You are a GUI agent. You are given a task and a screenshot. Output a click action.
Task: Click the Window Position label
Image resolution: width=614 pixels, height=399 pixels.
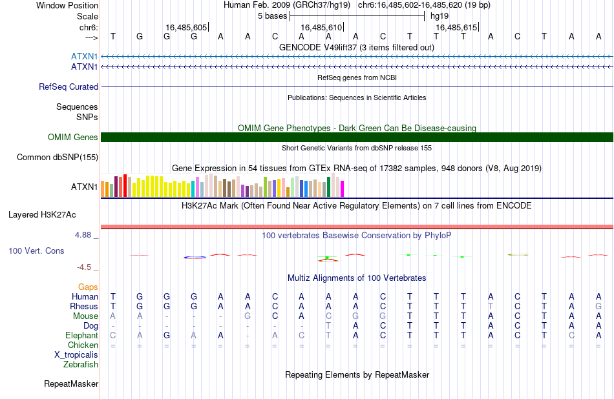67,5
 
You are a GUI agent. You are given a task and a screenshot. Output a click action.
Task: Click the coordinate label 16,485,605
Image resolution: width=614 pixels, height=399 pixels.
186,27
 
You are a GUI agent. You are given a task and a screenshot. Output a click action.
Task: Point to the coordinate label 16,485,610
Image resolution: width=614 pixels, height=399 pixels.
321,27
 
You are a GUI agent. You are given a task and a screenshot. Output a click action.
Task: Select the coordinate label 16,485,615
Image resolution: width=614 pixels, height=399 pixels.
456,27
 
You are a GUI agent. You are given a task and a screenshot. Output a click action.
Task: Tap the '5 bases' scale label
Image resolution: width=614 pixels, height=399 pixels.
272,16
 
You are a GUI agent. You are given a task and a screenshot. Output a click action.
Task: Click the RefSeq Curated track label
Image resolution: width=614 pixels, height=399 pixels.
69,87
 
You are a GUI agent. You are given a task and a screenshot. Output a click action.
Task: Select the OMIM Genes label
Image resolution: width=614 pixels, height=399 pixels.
73,138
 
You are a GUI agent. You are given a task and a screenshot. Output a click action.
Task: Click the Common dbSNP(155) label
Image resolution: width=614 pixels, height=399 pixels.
58,158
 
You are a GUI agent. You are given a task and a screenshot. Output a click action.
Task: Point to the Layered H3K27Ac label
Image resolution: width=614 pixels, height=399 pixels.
42,215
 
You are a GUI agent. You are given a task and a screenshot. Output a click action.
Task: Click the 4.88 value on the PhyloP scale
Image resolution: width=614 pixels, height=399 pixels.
83,235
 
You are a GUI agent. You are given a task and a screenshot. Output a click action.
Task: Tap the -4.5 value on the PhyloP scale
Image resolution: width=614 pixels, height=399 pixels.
84,267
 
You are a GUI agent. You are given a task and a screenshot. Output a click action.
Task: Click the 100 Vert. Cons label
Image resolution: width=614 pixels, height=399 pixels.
36,251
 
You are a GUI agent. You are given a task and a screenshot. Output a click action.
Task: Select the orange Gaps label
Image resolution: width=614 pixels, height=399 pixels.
88,287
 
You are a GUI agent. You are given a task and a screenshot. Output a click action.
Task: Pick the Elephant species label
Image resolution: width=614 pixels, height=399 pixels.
82,335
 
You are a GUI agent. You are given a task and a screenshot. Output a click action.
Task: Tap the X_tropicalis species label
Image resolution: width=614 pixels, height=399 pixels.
76,355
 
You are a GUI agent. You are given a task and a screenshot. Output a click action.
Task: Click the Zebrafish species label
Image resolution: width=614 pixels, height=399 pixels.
81,365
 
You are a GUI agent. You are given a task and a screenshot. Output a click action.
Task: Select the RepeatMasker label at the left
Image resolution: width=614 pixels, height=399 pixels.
71,384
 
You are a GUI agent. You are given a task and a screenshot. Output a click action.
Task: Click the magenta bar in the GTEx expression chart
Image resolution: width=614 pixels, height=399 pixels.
343,189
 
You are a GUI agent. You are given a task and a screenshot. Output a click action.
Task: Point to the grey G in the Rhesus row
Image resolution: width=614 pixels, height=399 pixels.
598,306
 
